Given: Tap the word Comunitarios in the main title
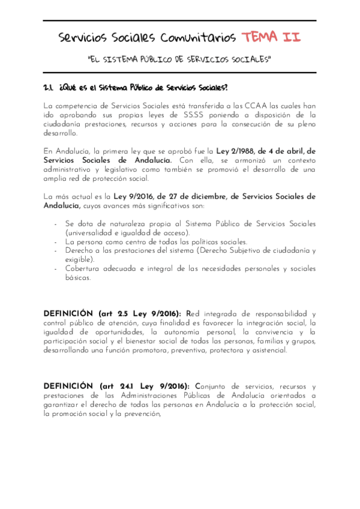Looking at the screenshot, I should point(198,38).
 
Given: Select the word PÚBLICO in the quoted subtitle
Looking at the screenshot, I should point(157,59).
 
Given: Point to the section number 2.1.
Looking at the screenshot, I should point(49,88).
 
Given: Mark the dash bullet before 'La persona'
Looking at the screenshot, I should point(55,241).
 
